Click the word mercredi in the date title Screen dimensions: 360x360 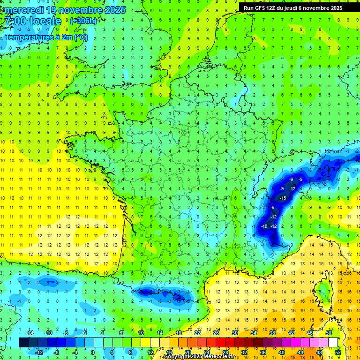[26, 10]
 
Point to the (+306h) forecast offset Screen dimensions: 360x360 [83, 21]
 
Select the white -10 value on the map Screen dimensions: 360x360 [264, 226]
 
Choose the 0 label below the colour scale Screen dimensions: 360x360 [92, 352]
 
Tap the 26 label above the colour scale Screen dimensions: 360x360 [216, 332]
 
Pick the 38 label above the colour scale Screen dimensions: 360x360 [272, 332]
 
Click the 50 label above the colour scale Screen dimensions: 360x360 [328, 332]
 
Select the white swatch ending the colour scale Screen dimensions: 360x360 [333, 342]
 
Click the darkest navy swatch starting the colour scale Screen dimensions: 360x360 [23, 342]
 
